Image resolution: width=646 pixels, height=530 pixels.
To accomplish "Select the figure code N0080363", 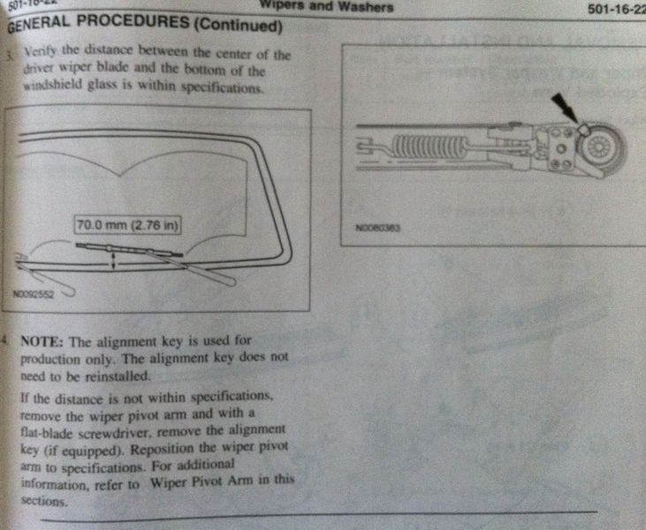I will (378, 227).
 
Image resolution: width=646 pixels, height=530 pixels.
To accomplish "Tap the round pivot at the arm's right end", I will (604, 145).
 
